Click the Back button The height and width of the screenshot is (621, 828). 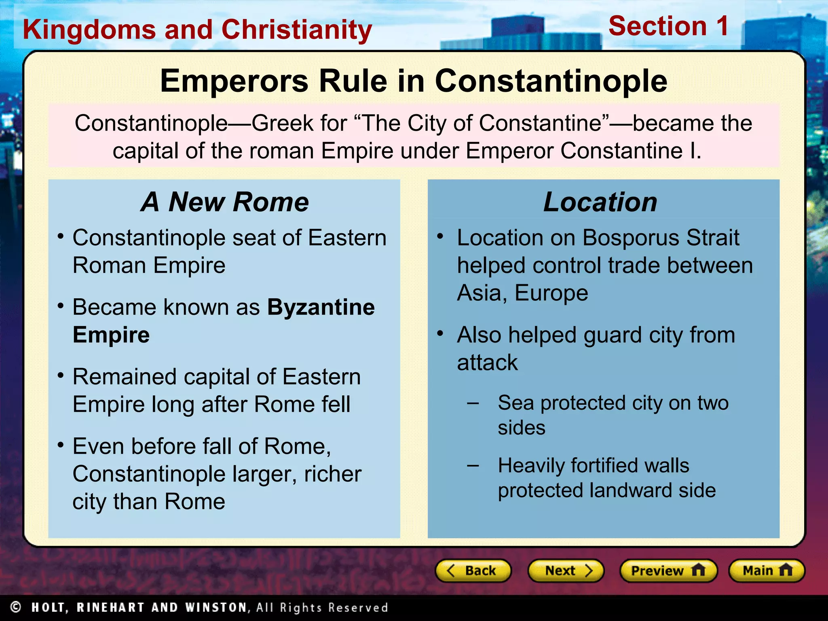point(473,570)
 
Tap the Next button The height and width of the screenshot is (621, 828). point(566,570)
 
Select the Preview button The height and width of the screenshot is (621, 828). point(668,570)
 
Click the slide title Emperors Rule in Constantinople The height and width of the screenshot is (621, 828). point(413,81)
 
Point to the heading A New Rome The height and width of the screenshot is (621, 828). point(225,202)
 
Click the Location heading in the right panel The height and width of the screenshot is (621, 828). point(600,202)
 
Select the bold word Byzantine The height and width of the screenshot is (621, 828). point(321,307)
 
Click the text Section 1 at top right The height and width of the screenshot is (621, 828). point(668,26)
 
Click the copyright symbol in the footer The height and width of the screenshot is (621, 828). point(15,607)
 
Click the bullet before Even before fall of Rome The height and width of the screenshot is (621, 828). point(61,445)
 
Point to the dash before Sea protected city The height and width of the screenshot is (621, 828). point(473,403)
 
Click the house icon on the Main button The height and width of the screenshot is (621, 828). point(785,570)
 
